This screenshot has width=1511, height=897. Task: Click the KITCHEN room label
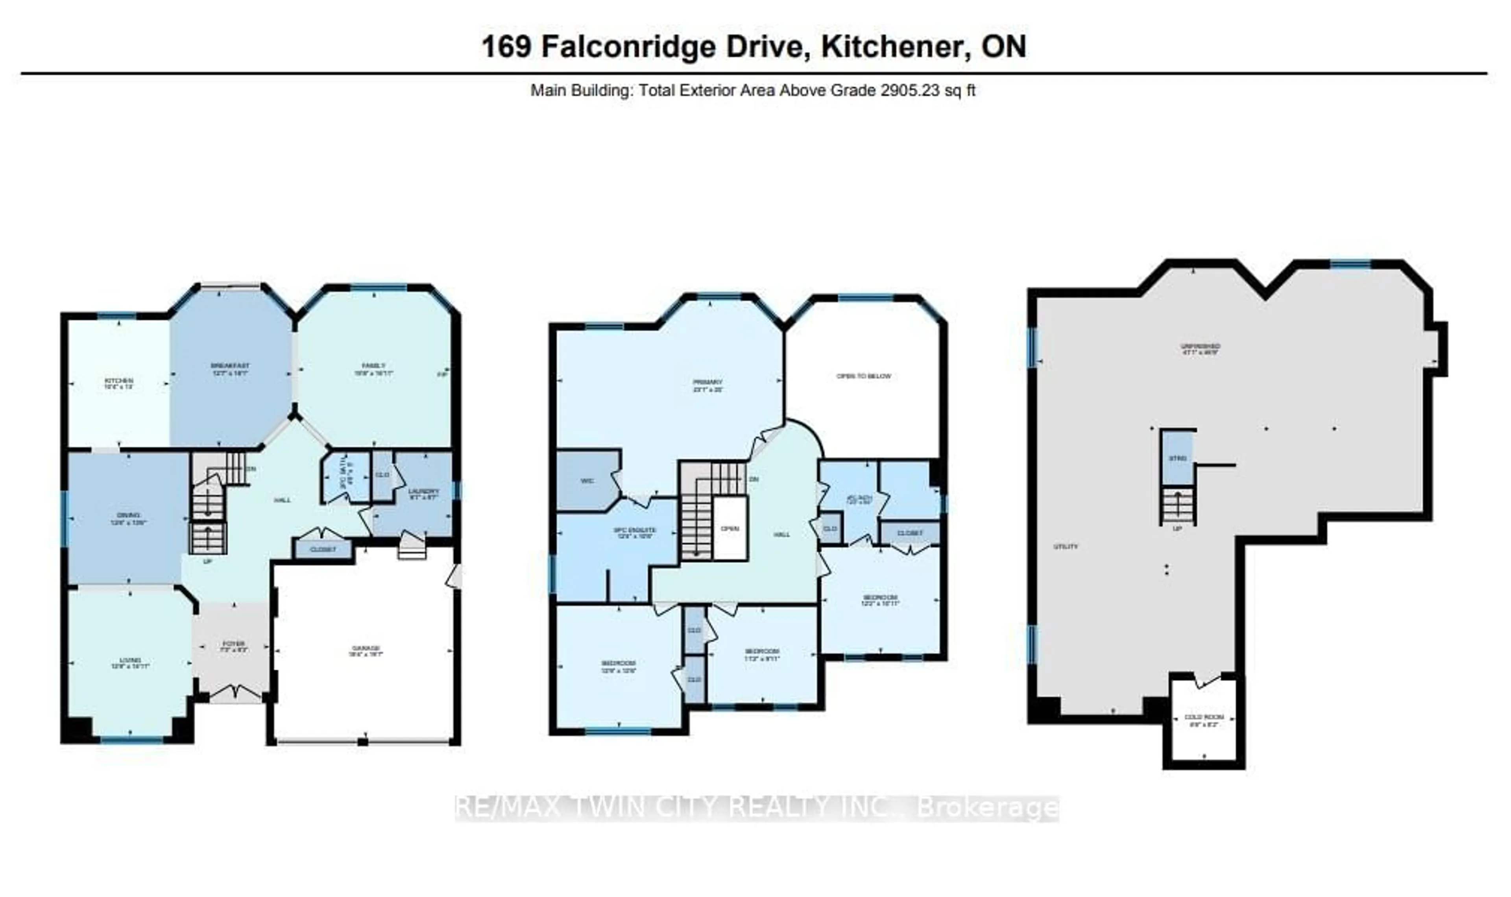[x=118, y=381]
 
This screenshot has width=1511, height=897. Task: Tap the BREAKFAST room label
[x=230, y=366]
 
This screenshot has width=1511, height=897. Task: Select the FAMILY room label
[x=374, y=366]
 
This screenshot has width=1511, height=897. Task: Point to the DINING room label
[x=128, y=515]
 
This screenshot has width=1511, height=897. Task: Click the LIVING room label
[x=130, y=660]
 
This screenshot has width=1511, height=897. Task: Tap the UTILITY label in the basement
[x=1066, y=547]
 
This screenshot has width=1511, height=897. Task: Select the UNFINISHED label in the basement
[x=1200, y=346]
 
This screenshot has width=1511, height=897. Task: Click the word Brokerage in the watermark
[x=987, y=808]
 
